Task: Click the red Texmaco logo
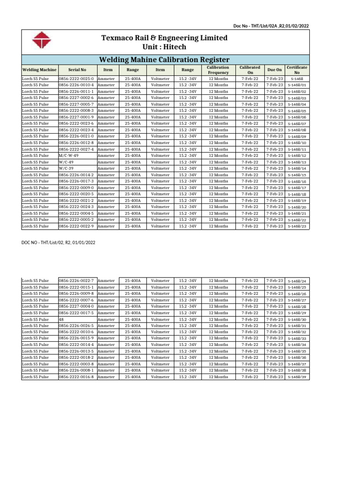[x=41, y=40]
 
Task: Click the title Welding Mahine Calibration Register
[x=164, y=60]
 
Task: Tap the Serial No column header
[x=77, y=69]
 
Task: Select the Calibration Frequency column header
[x=218, y=69]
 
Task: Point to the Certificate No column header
[x=296, y=69]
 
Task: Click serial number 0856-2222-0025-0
[x=76, y=79]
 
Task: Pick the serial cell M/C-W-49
[x=68, y=156]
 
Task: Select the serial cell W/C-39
[x=66, y=168]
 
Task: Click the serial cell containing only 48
[x=61, y=319]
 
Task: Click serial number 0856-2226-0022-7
[x=76, y=281]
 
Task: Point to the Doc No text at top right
[x=270, y=26]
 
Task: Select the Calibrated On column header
[x=249, y=69]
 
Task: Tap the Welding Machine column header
[x=39, y=69]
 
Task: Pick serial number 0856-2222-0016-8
[x=76, y=377]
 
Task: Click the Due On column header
[x=274, y=69]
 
